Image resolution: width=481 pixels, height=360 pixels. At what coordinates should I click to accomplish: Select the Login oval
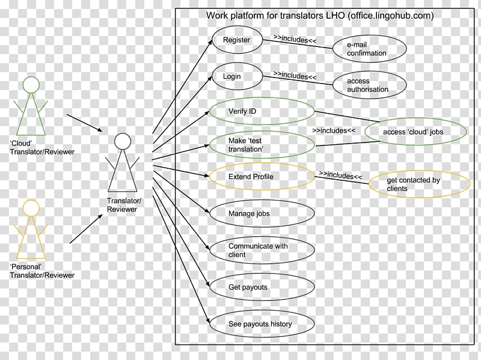236,77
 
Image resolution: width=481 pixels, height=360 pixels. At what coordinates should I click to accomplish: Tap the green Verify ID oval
262,112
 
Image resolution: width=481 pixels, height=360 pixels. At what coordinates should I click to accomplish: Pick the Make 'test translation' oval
262,144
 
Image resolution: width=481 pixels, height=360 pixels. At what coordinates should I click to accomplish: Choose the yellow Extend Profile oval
262,177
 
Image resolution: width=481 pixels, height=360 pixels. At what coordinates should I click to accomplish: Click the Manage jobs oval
262,213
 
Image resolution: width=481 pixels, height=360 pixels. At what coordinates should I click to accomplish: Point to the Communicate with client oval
262,250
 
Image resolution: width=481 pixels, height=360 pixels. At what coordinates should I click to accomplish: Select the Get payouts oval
262,287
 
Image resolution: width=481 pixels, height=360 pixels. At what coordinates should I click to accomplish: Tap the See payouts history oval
262,324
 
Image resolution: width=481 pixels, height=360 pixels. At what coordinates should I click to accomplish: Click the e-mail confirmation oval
370,49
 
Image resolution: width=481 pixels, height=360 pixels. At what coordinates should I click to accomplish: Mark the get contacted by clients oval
418,185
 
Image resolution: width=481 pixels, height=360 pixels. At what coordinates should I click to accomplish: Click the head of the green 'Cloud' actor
31,84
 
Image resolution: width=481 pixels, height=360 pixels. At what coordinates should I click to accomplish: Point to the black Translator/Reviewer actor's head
122,141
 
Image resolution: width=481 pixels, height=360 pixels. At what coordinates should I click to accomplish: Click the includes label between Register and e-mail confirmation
295,40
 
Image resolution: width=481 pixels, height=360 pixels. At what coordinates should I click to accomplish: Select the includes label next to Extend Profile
340,175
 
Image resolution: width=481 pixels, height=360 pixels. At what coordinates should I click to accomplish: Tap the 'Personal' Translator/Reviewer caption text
42,270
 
